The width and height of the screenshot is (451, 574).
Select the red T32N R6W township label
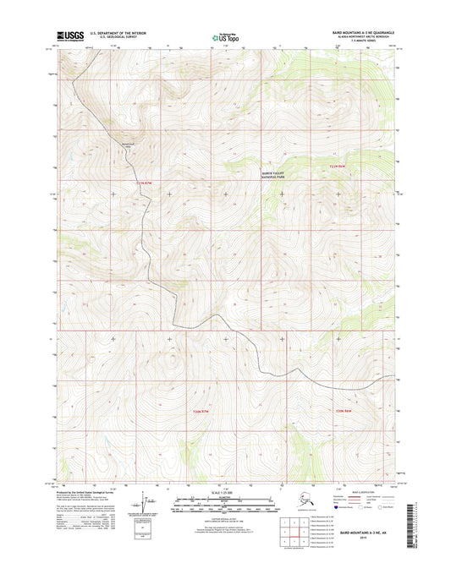[x=338, y=167]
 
